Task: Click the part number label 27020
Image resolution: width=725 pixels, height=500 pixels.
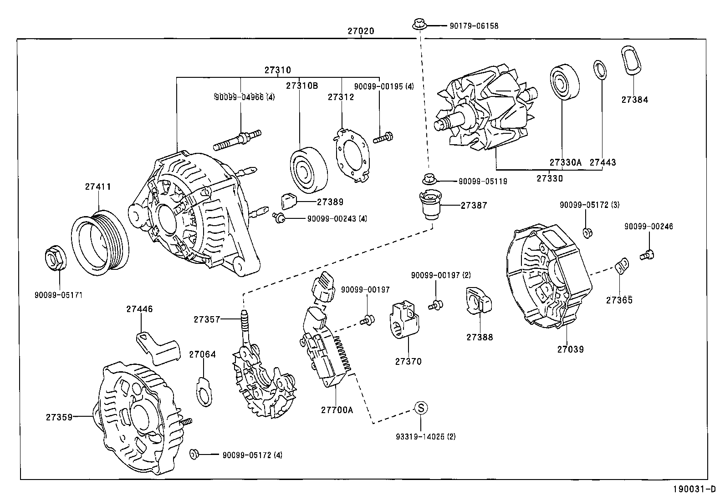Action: pyautogui.click(x=361, y=31)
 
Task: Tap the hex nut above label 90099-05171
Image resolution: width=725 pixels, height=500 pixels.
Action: pyautogui.click(x=55, y=258)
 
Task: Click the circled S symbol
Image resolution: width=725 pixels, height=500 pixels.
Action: pyautogui.click(x=421, y=408)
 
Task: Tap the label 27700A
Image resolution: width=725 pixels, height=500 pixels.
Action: pyautogui.click(x=337, y=409)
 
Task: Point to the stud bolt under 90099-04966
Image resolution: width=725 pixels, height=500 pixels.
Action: pyautogui.click(x=238, y=139)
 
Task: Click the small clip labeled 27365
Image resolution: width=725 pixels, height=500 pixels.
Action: pyautogui.click(x=622, y=267)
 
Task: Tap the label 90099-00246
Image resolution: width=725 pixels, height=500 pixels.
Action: pyautogui.click(x=648, y=227)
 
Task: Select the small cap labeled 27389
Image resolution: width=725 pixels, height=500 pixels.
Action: pyautogui.click(x=289, y=200)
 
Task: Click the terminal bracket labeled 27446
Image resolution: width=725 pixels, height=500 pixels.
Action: pyautogui.click(x=158, y=347)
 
